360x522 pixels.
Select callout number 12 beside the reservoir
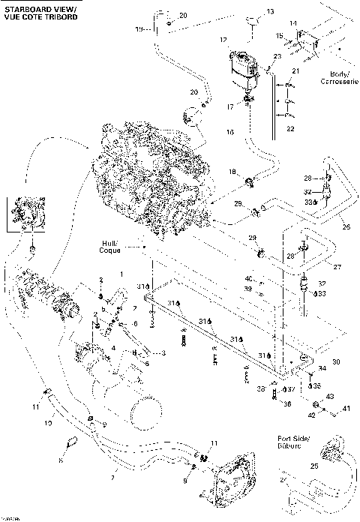point(223,39)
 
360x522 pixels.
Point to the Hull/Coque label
point(113,246)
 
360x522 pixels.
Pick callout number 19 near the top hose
point(138,28)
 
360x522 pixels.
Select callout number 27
point(337,267)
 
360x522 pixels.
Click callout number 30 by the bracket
point(337,361)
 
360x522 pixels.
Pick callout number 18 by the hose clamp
point(232,171)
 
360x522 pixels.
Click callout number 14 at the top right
point(294,23)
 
